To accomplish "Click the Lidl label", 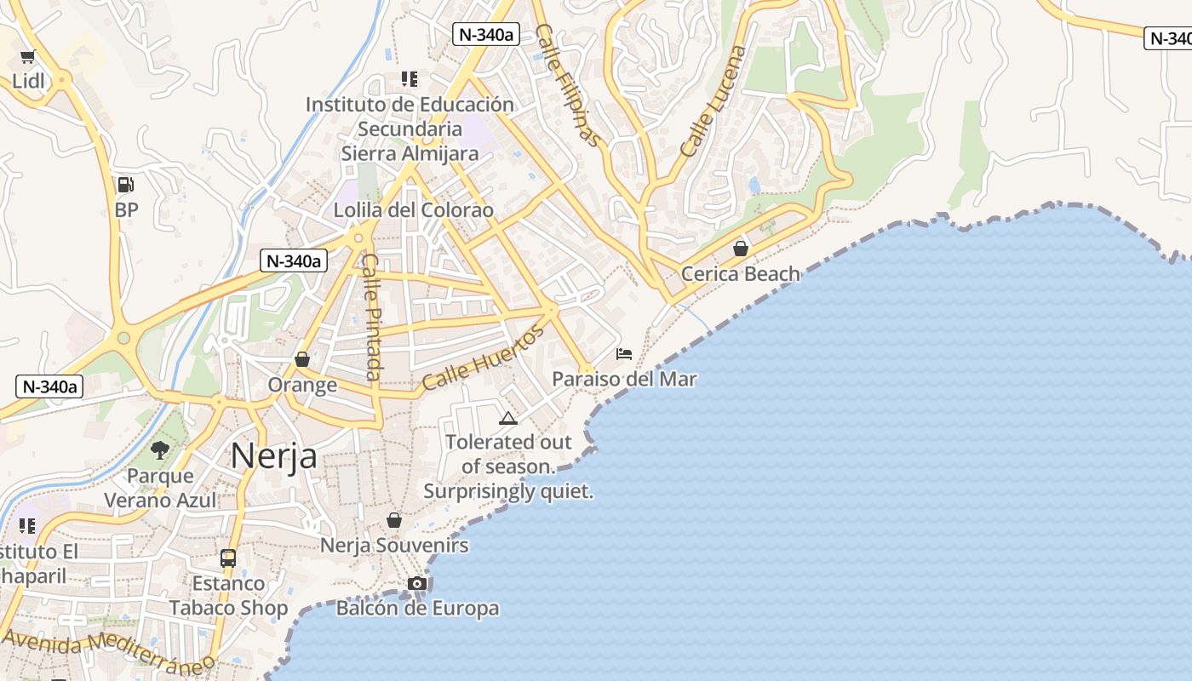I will coord(28,81).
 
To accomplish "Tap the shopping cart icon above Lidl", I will coord(28,57).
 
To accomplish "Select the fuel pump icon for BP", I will coord(125,185).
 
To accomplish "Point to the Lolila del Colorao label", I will coord(413,210).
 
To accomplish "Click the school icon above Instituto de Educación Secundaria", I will coord(410,79).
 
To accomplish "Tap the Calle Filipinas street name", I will coord(569,85).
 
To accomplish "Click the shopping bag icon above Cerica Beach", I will coord(741,249).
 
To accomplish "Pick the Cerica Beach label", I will coord(741,274).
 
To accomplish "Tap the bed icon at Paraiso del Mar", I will coord(624,353).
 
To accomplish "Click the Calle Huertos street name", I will coord(483,358).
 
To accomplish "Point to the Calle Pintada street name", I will coord(372,317).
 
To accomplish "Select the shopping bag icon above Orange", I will coord(302,359).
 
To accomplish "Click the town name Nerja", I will coord(273,455).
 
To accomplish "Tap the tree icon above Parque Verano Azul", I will coord(159,450).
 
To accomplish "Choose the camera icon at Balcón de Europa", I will coord(417,583).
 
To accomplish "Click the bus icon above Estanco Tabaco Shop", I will coord(228,558).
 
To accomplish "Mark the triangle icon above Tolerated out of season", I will coord(508,418).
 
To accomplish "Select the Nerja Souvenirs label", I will coord(394,546).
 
